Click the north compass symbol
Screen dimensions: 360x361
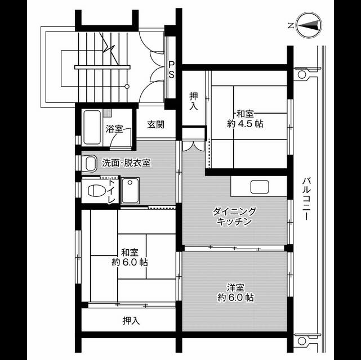pyautogui.click(x=306, y=25)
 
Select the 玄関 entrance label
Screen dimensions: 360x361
pyautogui.click(x=156, y=125)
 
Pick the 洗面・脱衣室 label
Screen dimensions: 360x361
pyautogui.click(x=126, y=163)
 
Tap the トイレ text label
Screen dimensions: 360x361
pyautogui.click(x=112, y=191)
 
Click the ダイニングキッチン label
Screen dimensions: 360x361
pyautogui.click(x=234, y=216)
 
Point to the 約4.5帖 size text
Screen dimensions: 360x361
pyautogui.click(x=245, y=124)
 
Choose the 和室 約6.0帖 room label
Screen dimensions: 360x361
pyautogui.click(x=130, y=257)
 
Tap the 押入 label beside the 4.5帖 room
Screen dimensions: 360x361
pyautogui.click(x=193, y=100)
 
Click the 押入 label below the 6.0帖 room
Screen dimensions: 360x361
pyautogui.click(x=131, y=321)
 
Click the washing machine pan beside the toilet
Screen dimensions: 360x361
pyautogui.click(x=130, y=190)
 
